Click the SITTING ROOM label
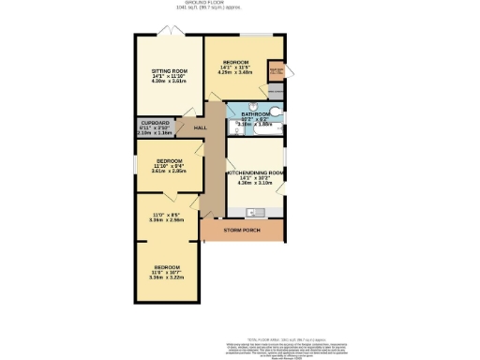(x=170, y=70)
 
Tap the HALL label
(x=201, y=127)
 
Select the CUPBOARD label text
(x=155, y=122)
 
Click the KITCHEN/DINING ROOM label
(x=255, y=173)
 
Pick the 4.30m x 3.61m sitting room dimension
(x=170, y=82)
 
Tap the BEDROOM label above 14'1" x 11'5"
(x=236, y=61)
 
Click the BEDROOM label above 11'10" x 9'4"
(x=169, y=160)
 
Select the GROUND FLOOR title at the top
(x=240, y=5)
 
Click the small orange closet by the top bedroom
(x=277, y=71)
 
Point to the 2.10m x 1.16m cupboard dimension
(x=155, y=133)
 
